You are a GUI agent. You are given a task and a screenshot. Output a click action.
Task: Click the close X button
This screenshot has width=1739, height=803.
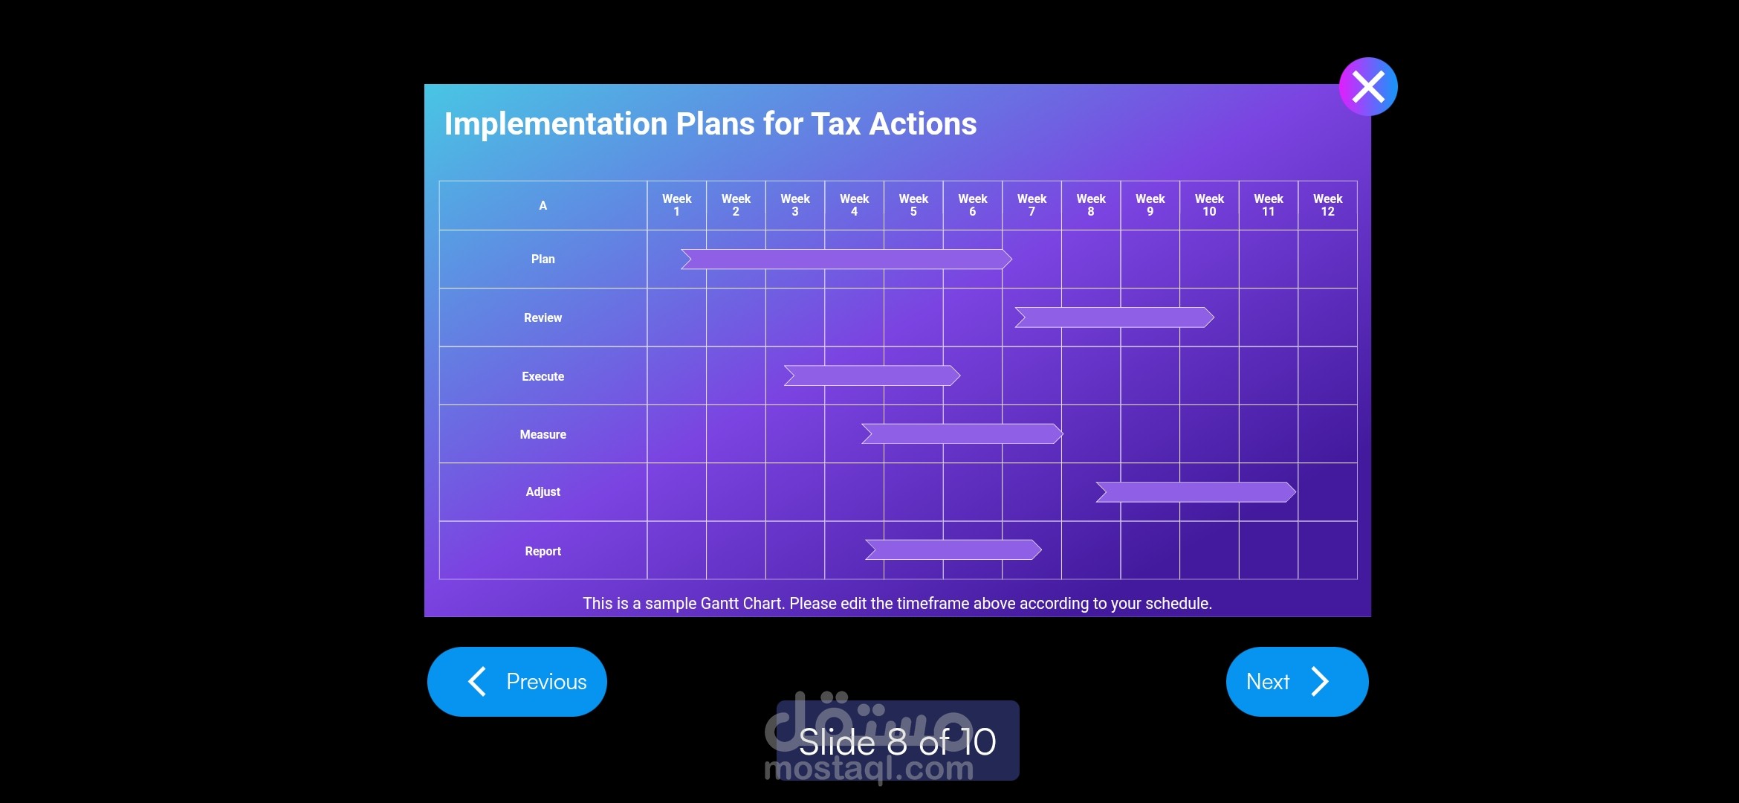[1368, 86]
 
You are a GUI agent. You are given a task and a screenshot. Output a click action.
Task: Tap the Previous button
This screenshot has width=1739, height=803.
[517, 681]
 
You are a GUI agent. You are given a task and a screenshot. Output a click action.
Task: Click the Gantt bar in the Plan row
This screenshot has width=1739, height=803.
[846, 259]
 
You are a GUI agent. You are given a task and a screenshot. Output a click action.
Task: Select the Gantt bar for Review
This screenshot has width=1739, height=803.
[1115, 317]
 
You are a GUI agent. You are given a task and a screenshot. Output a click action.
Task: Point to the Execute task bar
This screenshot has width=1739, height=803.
[872, 375]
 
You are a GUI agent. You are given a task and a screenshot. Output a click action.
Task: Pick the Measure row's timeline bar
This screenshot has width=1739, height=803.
[962, 433]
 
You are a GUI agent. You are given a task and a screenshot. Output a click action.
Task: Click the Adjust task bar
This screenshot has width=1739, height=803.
[1196, 491]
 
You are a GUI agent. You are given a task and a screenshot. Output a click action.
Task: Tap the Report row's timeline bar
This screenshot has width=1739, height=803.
[953, 549]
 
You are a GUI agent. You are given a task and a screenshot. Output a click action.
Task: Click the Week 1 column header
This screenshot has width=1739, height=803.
[676, 205]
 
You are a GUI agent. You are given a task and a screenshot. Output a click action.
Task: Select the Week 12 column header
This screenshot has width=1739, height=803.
[1327, 205]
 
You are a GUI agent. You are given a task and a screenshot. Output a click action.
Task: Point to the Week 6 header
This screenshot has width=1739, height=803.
[973, 205]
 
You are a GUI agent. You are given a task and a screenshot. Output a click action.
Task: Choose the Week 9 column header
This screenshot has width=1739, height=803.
[1150, 205]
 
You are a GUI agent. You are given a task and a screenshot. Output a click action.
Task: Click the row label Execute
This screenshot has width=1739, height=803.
[543, 376]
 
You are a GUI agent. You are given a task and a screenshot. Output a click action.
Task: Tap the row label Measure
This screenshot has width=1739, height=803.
[543, 434]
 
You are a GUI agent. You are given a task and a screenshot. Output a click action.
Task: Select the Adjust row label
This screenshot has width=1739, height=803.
[543, 491]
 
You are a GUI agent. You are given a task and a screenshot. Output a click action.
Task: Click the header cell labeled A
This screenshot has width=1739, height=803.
[543, 205]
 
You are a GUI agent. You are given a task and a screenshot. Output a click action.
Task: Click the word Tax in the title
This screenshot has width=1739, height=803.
[836, 123]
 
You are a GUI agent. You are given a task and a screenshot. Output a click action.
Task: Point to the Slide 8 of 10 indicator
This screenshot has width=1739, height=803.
[898, 741]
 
